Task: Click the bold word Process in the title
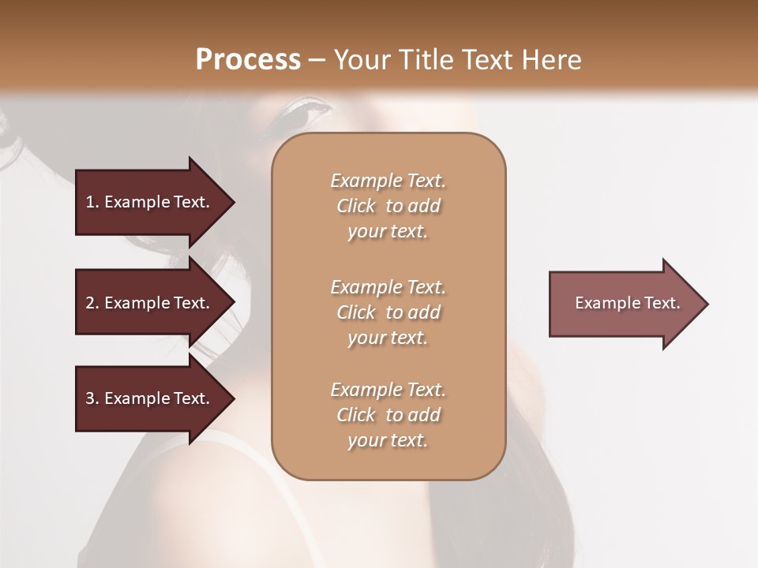point(248,59)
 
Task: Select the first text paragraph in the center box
point(388,206)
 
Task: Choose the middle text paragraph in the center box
point(388,312)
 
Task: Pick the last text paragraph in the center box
point(388,415)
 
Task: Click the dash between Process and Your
point(317,61)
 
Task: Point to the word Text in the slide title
point(486,59)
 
